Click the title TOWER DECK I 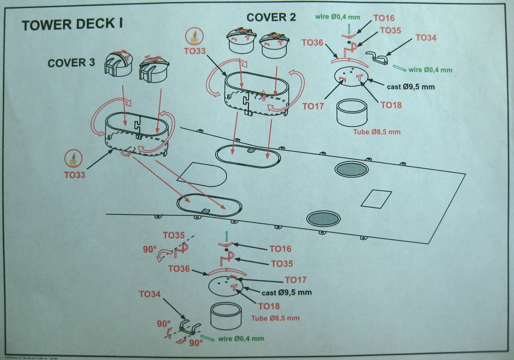(72, 25)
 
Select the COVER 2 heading (271, 18)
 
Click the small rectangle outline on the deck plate (376, 199)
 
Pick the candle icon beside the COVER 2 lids (195, 38)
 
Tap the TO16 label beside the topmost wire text (384, 18)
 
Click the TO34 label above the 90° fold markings (150, 294)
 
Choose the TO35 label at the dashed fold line (173, 236)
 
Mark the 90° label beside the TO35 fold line (149, 249)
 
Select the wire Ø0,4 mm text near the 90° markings (241, 339)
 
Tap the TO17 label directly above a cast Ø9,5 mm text (296, 280)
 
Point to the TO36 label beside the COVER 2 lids (312, 42)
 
